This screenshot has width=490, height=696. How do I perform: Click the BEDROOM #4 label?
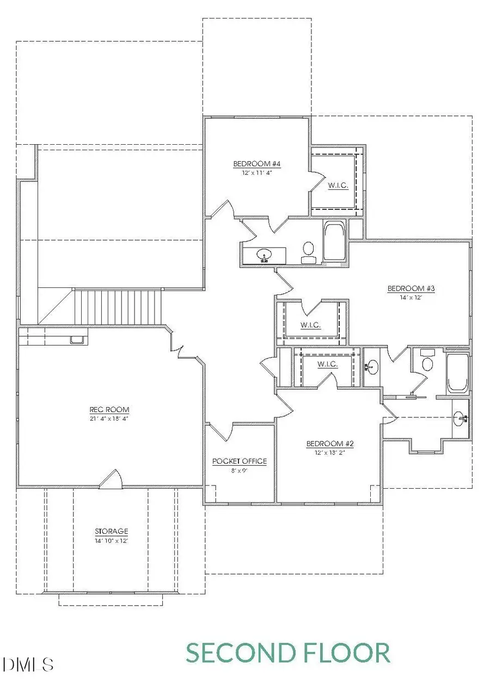point(256,164)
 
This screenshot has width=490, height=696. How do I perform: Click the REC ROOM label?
point(109,410)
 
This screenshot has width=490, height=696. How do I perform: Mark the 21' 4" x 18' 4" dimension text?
point(109,418)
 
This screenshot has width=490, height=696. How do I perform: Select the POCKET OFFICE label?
point(240,461)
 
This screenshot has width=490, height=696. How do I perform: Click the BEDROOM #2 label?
point(330,444)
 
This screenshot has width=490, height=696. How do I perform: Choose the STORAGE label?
point(111,531)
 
